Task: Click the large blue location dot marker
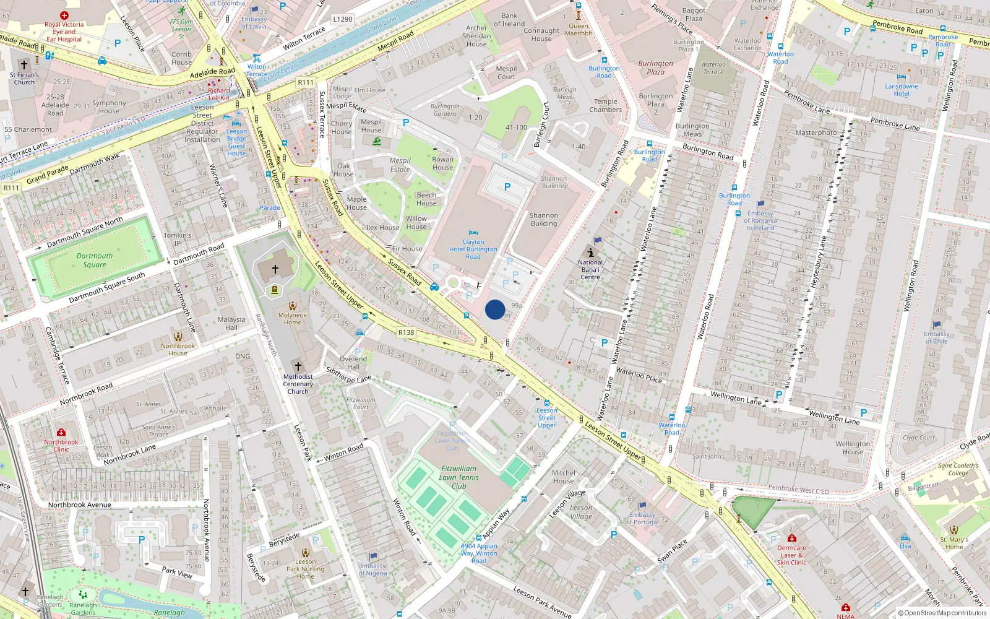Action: [495, 309]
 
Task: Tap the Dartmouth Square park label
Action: [95, 260]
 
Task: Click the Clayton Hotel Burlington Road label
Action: [473, 249]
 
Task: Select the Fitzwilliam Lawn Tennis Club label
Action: [458, 477]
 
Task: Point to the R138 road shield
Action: [406, 332]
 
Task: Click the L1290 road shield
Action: [342, 19]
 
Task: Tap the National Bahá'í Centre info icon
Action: [591, 253]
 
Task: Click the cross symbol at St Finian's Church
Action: [24, 64]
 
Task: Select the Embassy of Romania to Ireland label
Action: [760, 220]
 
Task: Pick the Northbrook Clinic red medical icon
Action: [61, 432]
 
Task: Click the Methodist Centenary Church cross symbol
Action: [298, 366]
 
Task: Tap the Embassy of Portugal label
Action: [642, 518]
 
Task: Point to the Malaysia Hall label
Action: [231, 323]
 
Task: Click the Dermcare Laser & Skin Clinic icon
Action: [791, 538]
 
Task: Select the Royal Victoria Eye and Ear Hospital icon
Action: [64, 15]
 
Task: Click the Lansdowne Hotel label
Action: [902, 90]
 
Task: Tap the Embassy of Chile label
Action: [937, 337]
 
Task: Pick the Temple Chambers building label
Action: [606, 105]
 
